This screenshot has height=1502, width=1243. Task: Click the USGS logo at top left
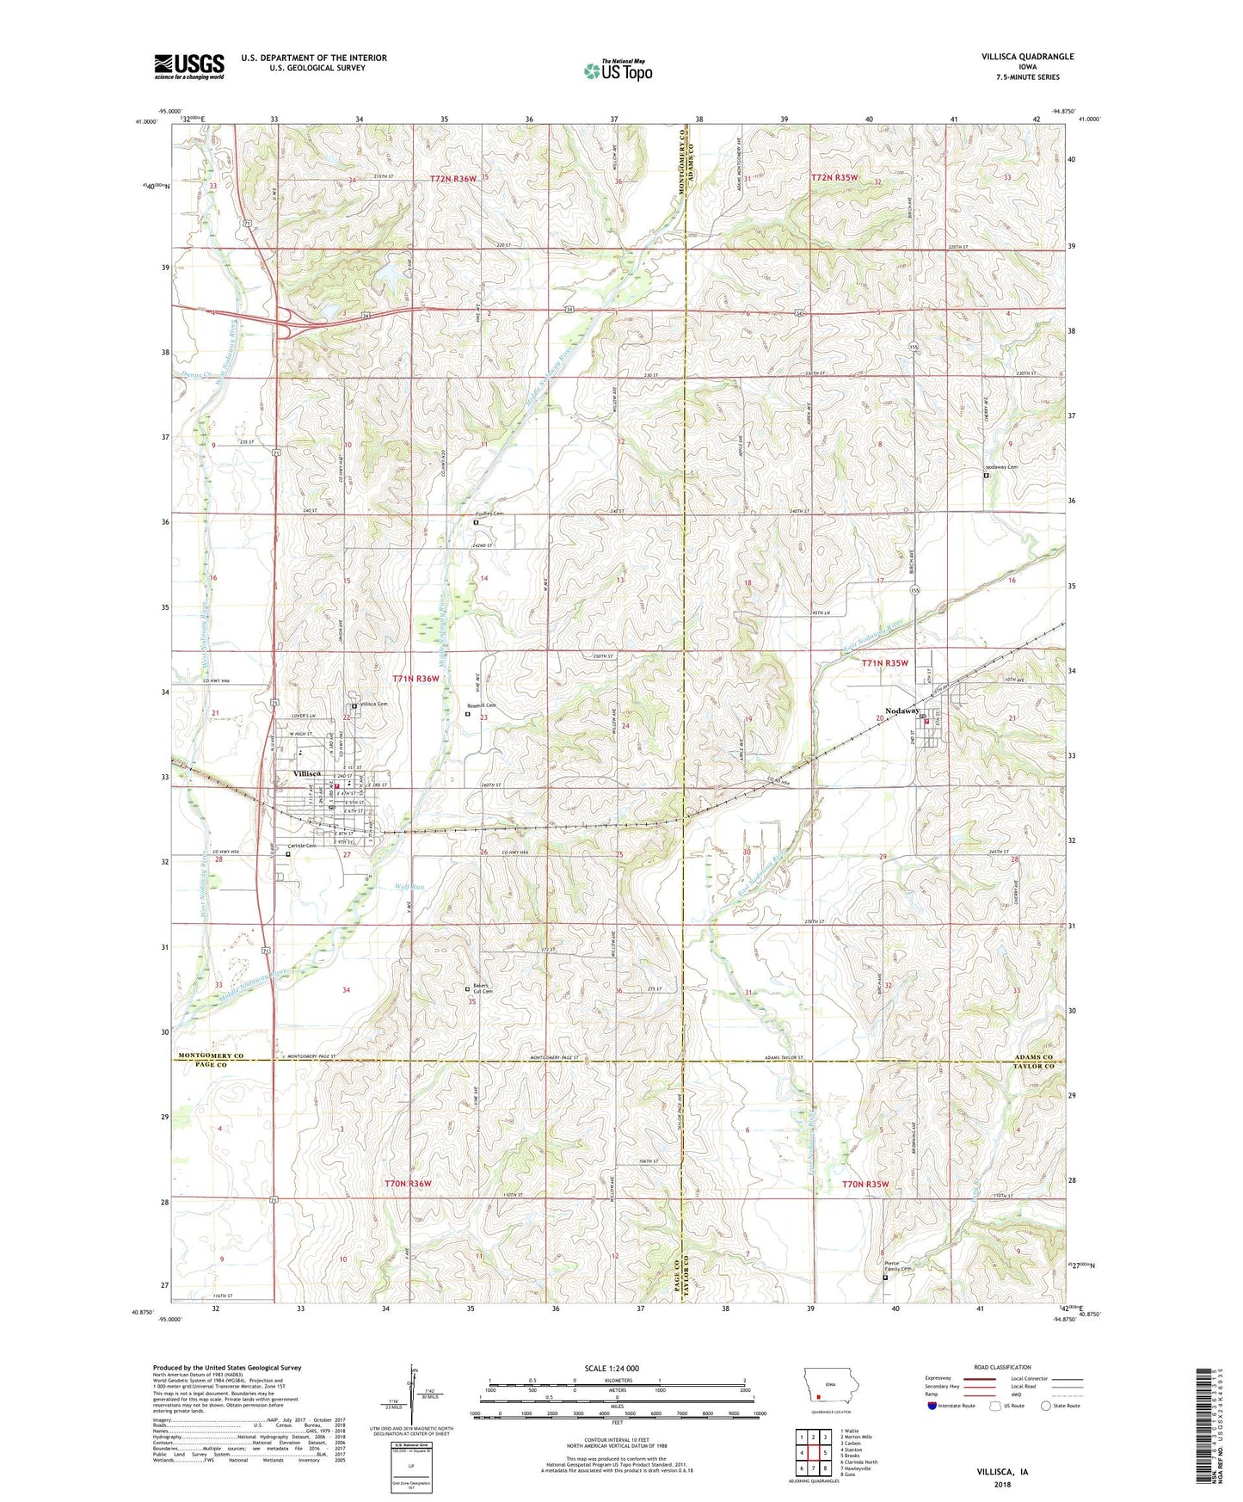coord(188,66)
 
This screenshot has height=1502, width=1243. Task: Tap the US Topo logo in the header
coord(617,71)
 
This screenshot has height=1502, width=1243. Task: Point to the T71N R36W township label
coord(416,679)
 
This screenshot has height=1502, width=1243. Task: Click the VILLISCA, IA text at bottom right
coord(1002,1472)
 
